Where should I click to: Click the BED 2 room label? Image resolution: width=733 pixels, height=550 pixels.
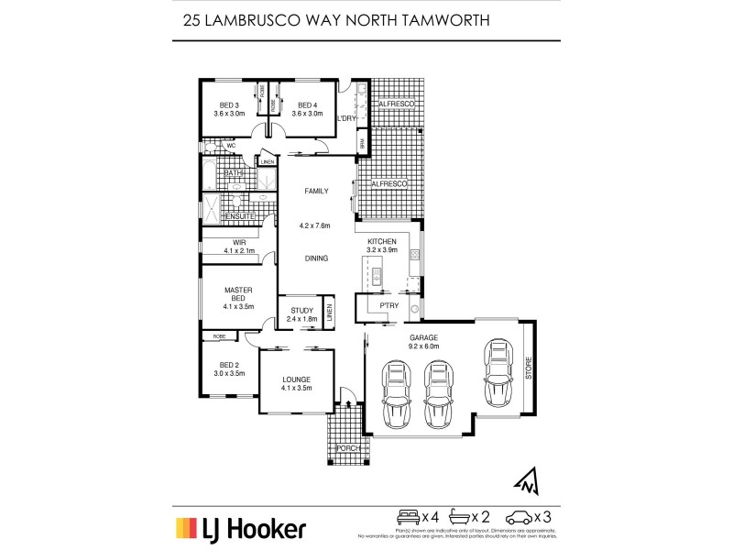[229, 369]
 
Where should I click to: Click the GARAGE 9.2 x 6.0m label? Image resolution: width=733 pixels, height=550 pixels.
[424, 343]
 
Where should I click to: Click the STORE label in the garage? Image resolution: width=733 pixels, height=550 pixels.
[528, 370]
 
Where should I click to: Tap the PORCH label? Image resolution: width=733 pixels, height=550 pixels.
[347, 447]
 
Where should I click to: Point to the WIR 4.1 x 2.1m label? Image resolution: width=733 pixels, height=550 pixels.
[239, 247]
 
